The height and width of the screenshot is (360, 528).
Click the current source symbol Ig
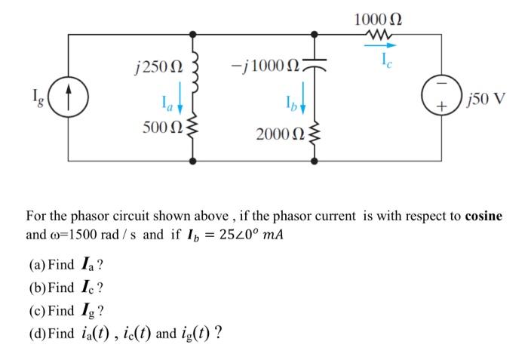(x=69, y=98)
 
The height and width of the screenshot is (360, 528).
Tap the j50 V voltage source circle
(x=440, y=98)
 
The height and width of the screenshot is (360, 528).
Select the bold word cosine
(x=483, y=216)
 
